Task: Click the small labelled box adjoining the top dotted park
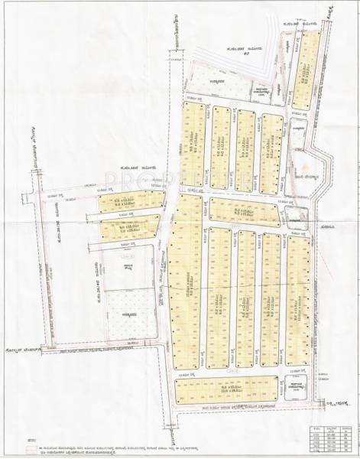(261, 90)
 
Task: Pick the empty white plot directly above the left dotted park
(127, 268)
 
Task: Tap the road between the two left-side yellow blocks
(126, 215)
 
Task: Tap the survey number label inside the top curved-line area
(242, 50)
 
